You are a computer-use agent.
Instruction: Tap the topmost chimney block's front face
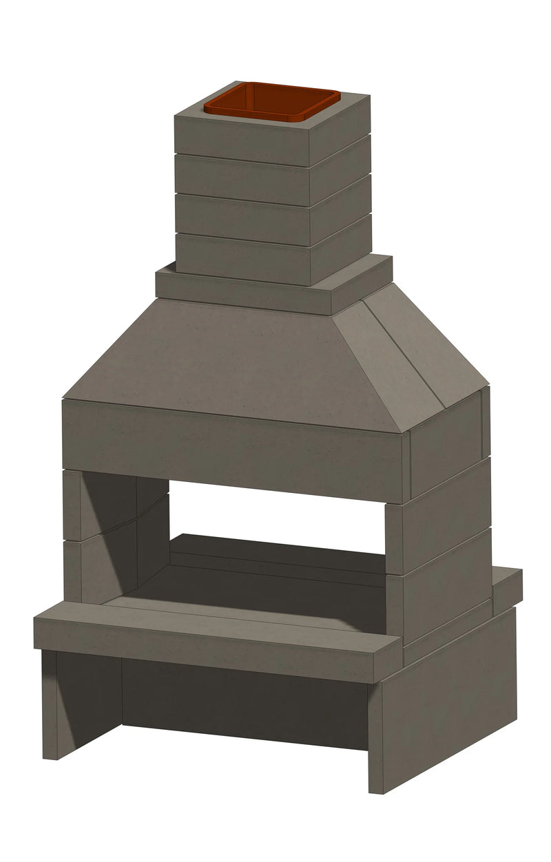coord(241,138)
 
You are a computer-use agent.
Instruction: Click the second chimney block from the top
coord(241,178)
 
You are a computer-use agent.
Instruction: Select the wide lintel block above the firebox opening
coord(234,448)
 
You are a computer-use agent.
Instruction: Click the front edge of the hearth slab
coord(207,644)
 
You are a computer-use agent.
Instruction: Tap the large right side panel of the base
coord(448,702)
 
